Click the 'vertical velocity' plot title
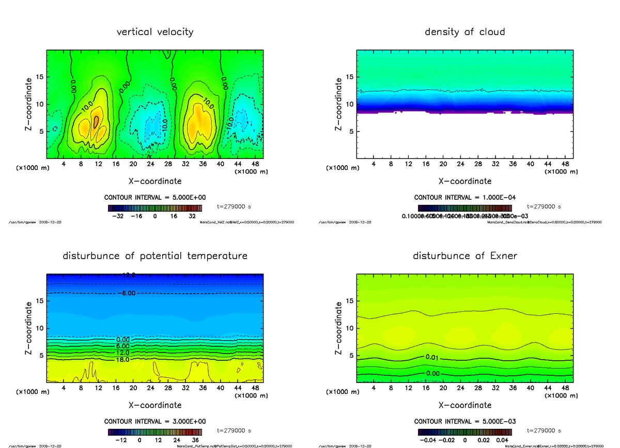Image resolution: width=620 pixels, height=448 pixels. click(155, 32)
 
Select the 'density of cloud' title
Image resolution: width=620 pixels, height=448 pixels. click(464, 32)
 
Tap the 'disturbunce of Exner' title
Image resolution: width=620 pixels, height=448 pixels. click(464, 256)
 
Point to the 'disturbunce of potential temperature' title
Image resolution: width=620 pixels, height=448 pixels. click(155, 256)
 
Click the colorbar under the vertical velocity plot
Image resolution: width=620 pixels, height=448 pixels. click(155, 208)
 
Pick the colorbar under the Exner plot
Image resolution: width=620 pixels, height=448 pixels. click(464, 432)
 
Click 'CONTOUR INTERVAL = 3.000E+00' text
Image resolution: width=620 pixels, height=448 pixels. click(155, 421)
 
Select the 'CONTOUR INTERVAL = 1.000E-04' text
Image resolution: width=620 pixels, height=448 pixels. click(464, 197)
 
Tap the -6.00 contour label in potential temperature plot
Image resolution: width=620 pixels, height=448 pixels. click(127, 293)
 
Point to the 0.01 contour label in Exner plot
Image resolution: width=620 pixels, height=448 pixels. click(432, 357)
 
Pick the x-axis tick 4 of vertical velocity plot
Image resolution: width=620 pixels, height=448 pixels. click(64, 164)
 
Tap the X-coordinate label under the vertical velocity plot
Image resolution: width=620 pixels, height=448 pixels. click(155, 181)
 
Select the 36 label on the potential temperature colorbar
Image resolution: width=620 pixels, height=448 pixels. click(196, 441)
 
